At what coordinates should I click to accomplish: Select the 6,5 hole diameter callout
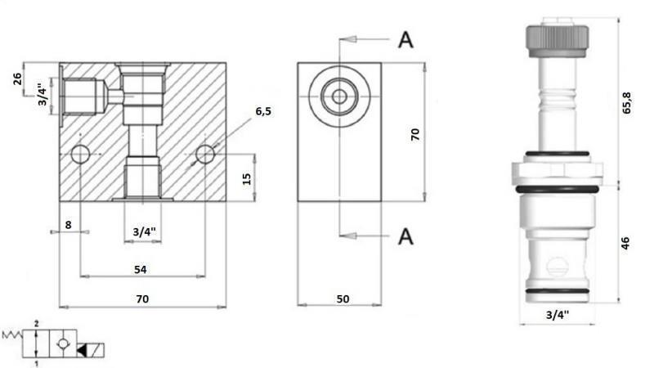(262, 111)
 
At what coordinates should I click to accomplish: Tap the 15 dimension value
(248, 177)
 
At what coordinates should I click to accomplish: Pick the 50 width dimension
(342, 299)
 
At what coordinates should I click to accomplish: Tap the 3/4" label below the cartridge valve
(558, 313)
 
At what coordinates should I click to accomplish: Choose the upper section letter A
(405, 39)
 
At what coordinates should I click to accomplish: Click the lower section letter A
(405, 236)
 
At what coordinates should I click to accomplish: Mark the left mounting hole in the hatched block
(80, 154)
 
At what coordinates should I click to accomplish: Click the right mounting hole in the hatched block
(204, 154)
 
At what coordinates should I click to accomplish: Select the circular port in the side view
(339, 97)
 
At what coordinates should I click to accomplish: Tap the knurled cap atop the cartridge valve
(557, 38)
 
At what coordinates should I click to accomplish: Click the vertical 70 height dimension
(414, 135)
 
